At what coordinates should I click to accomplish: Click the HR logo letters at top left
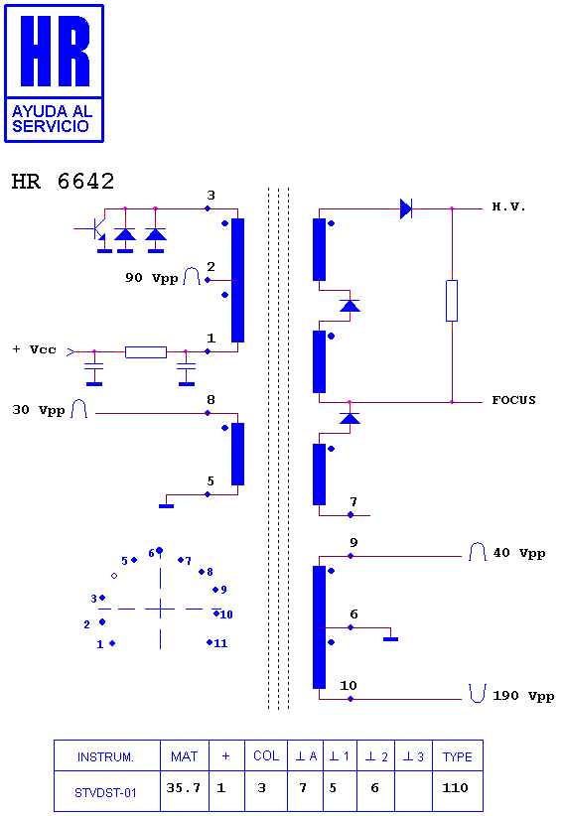coord(55,51)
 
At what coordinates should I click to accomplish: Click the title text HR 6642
coord(63,181)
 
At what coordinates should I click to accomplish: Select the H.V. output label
coord(508,207)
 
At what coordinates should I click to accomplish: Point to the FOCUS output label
coord(513,400)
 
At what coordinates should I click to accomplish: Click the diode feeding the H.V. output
coord(406,208)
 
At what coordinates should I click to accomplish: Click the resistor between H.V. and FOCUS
coord(452,301)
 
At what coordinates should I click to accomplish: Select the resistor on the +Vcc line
coord(146,352)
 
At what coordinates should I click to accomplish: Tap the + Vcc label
coord(35,349)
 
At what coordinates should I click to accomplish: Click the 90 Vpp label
coord(151,278)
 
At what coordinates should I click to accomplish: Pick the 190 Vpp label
coord(523,696)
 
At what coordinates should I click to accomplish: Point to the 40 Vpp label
coord(518,553)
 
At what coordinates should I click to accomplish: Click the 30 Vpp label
coord(39,410)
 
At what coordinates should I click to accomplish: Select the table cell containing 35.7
coord(185,790)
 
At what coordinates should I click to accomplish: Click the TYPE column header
coord(458,756)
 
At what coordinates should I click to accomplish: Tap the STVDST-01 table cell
coord(106,791)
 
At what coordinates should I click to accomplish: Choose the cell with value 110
coord(458,790)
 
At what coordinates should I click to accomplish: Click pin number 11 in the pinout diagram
coord(220,643)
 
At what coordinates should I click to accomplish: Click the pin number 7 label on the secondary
coord(353,501)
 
